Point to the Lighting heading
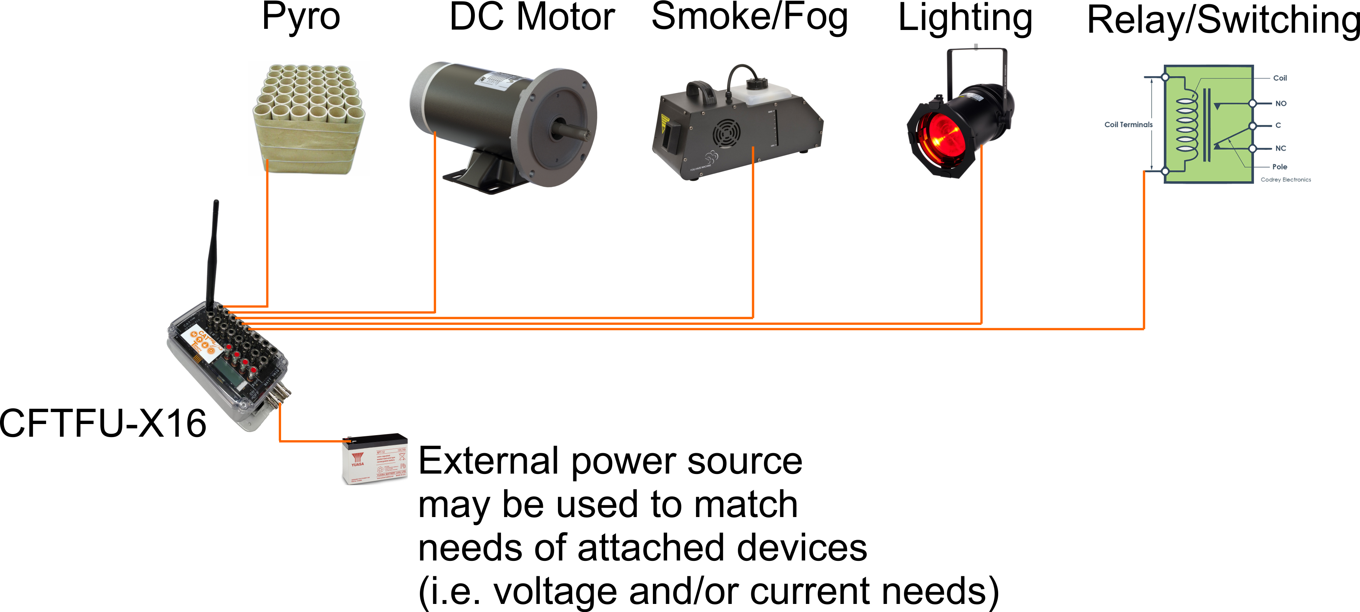(x=965, y=19)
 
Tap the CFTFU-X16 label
(x=103, y=424)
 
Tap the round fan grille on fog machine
(x=726, y=134)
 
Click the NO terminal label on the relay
(x=1281, y=103)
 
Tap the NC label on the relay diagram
(x=1281, y=148)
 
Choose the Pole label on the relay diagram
(x=1280, y=167)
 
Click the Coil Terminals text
(x=1128, y=125)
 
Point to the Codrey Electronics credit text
(x=1285, y=180)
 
